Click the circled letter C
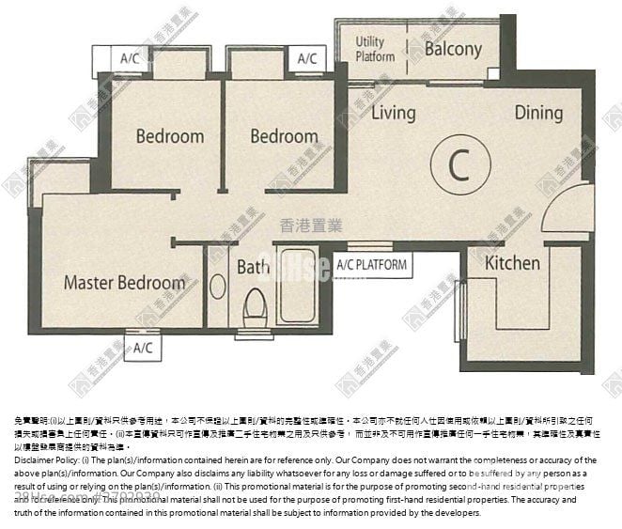[458, 166]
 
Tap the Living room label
[393, 114]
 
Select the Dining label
[538, 114]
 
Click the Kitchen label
[512, 264]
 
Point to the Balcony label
[453, 49]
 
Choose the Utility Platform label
[375, 49]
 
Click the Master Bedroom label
[124, 283]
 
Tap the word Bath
[253, 268]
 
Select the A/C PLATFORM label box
[371, 265]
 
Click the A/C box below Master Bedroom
[141, 349]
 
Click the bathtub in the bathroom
[296, 287]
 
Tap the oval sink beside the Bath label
[217, 286]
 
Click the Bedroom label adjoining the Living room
[284, 136]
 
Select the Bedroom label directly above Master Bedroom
[169, 136]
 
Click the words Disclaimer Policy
[47, 460]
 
